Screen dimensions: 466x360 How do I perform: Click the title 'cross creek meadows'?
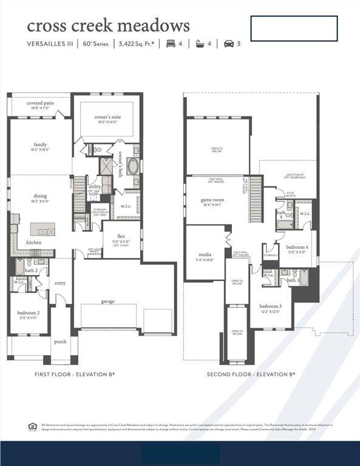[108, 25]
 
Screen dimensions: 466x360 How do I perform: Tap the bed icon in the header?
[170, 44]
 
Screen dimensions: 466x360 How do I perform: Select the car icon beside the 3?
[229, 44]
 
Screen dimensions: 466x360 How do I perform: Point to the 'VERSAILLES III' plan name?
[52, 44]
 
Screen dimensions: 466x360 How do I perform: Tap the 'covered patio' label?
[40, 103]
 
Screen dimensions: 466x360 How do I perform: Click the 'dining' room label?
[40, 195]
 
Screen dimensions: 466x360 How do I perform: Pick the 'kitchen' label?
[34, 242]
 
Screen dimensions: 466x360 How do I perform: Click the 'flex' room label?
[121, 236]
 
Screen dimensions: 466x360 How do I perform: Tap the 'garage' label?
[108, 301]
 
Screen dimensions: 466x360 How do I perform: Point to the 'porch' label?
[61, 341]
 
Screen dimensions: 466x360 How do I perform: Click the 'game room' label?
[212, 200]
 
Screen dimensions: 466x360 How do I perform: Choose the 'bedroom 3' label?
[270, 306]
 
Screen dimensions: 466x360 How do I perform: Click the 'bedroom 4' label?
[297, 247]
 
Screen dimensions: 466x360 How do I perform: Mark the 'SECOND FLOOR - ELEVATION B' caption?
[251, 374]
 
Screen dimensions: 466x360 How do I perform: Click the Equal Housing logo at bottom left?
[32, 427]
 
